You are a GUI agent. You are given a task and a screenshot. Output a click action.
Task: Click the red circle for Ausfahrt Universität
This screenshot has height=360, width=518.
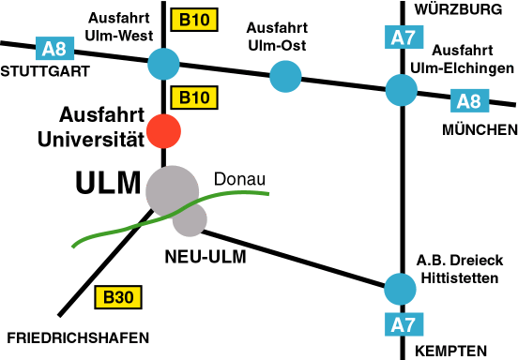(x=164, y=131)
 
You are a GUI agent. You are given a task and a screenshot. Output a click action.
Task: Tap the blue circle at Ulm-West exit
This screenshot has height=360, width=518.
(x=164, y=64)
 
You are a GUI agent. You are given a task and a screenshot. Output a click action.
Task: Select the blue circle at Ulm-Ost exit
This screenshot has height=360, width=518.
(x=285, y=76)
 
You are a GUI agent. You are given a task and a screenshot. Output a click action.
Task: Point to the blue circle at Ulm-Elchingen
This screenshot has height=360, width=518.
(x=402, y=90)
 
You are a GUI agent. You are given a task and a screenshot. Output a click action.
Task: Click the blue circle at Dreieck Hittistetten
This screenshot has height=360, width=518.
(x=401, y=287)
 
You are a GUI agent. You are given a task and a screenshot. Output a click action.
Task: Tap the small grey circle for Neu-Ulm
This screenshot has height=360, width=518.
(x=190, y=220)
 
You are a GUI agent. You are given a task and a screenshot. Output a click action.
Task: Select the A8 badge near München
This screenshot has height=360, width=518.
(x=466, y=99)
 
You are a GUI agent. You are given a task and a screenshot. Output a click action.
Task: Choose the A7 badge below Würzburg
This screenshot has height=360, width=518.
(x=402, y=38)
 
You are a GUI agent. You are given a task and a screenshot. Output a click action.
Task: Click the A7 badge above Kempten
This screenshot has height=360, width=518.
(x=402, y=325)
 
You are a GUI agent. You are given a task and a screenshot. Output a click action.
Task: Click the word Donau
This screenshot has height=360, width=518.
(x=240, y=179)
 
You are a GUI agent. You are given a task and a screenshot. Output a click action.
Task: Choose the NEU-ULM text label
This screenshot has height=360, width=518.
(x=205, y=255)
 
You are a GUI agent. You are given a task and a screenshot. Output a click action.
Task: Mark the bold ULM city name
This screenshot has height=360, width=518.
(x=107, y=184)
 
